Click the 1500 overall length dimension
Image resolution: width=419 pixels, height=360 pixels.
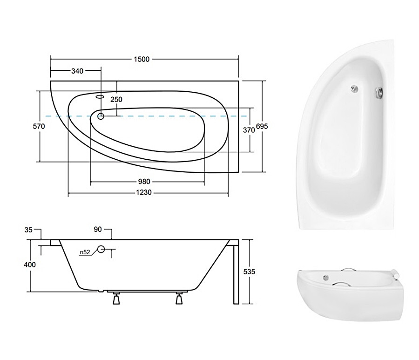tap(142, 59)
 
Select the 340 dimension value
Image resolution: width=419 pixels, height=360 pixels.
tap(77, 71)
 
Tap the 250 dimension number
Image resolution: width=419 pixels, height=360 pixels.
tap(116, 99)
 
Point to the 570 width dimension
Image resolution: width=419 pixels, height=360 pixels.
tap(39, 126)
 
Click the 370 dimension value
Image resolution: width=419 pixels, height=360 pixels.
tap(249, 130)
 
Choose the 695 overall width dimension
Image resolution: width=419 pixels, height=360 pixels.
tap(262, 126)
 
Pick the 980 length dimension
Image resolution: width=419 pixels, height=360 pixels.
tap(144, 182)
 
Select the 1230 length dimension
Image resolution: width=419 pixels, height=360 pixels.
tap(144, 192)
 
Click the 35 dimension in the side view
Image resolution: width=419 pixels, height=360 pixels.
tap(28, 230)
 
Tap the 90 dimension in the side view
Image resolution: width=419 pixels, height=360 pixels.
tap(98, 229)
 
